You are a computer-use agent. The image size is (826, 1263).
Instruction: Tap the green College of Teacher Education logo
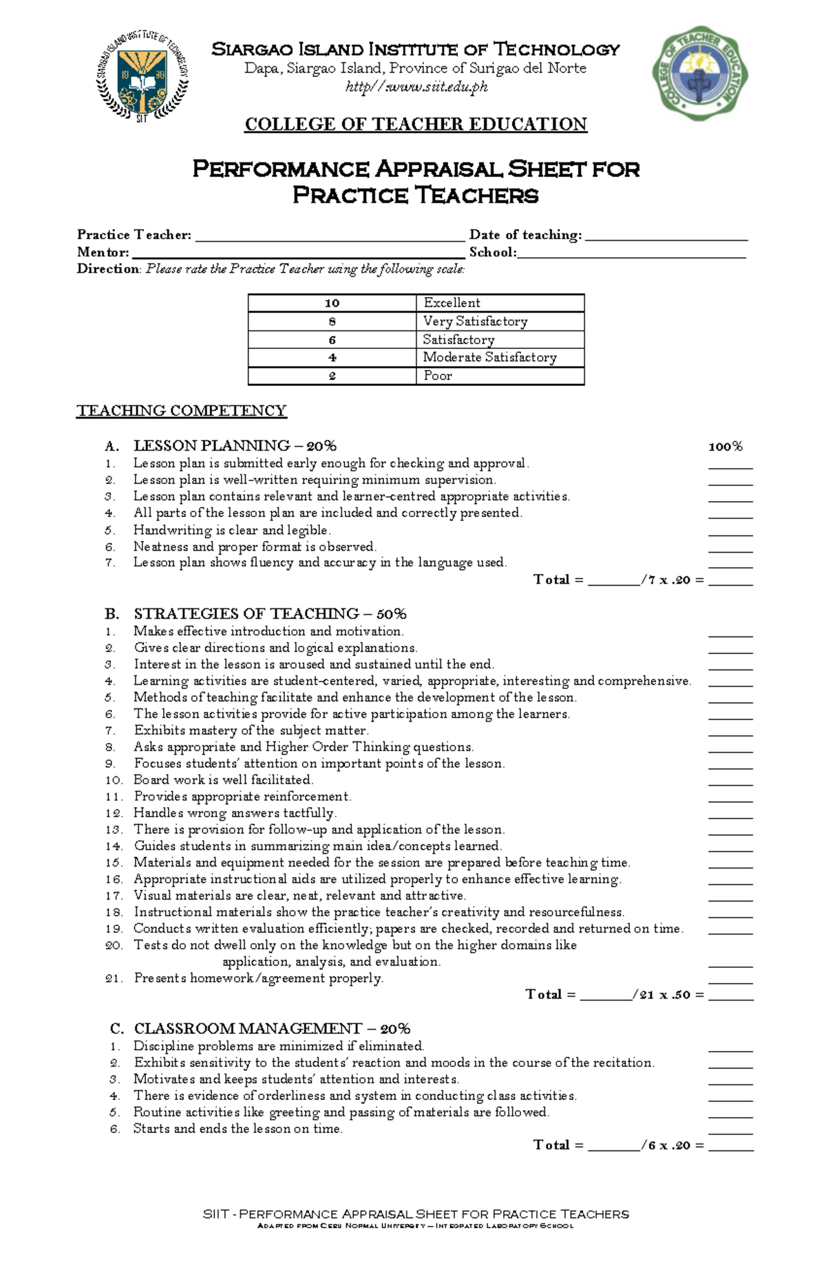(700, 74)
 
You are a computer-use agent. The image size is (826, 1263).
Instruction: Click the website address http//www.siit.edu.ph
(416, 87)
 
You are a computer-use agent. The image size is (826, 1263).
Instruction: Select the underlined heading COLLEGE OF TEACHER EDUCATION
(416, 125)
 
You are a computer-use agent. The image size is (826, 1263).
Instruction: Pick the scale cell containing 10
(332, 303)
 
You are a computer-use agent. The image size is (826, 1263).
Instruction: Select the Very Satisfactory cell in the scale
(500, 321)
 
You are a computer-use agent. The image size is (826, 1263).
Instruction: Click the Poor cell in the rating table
(500, 376)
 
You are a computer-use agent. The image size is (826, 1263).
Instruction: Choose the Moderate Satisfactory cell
(500, 357)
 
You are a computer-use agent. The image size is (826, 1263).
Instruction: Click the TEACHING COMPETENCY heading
(181, 411)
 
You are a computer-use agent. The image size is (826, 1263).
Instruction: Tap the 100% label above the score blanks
(726, 447)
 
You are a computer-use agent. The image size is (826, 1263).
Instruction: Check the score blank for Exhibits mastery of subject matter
(730, 733)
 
